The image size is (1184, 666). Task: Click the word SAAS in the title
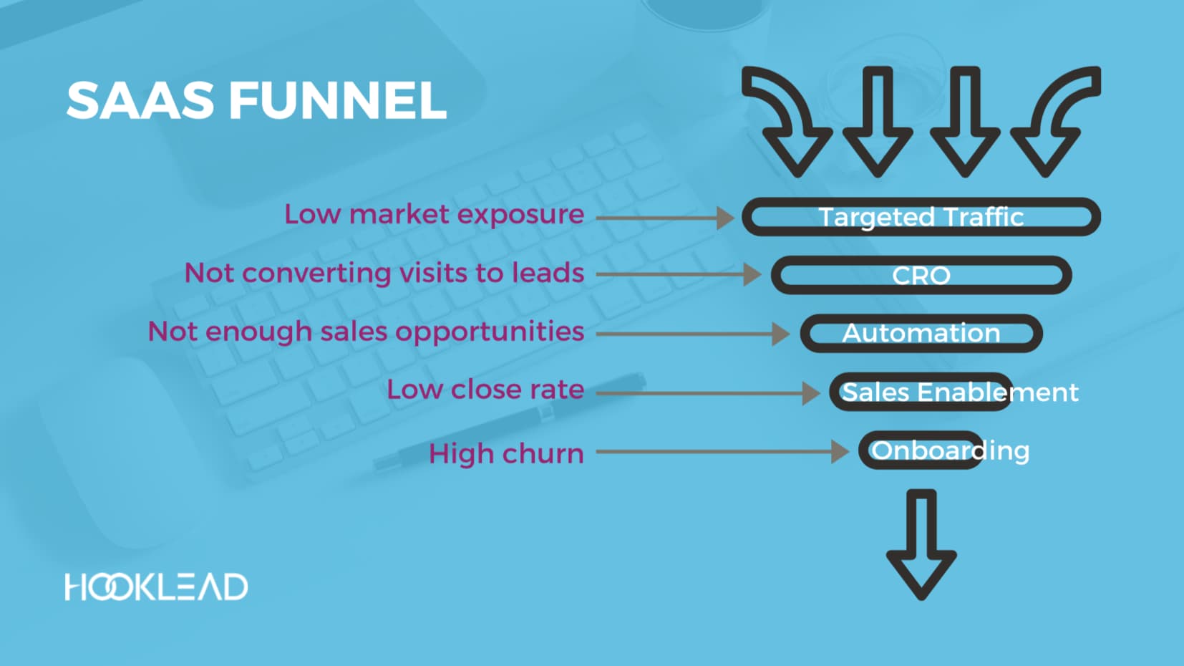click(x=140, y=100)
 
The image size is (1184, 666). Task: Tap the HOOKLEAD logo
click(x=156, y=587)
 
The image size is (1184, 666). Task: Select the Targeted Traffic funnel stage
click(x=921, y=217)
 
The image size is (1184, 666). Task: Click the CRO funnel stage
click(x=921, y=276)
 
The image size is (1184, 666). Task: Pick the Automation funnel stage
click(x=921, y=334)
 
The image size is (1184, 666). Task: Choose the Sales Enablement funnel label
click(x=959, y=392)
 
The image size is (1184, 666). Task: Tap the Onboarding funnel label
click(x=950, y=450)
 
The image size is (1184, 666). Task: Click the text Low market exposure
click(x=434, y=214)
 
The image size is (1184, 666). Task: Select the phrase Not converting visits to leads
click(x=384, y=273)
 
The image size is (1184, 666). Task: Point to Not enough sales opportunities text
click(x=366, y=332)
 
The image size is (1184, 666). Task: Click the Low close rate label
click(x=485, y=390)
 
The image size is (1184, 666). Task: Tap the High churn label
click(x=505, y=453)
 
